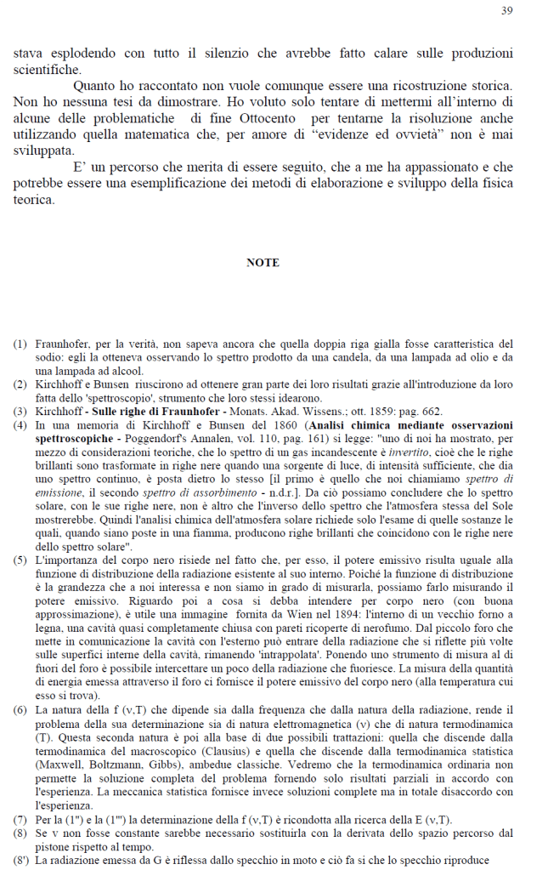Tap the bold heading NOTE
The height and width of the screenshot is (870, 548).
click(x=263, y=263)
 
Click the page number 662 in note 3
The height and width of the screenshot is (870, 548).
click(x=429, y=412)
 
